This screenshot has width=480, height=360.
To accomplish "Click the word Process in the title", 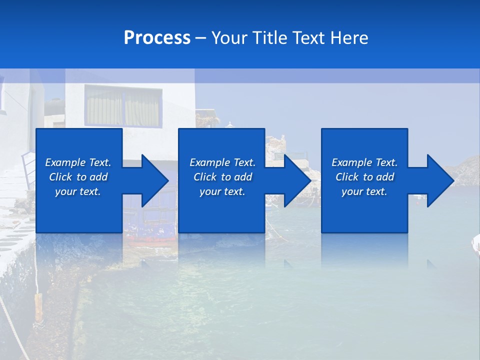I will [157, 38].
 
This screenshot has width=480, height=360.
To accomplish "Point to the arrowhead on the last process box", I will [439, 180].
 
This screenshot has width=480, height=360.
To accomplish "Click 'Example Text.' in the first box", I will [78, 162].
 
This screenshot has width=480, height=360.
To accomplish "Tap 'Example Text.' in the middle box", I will [222, 162].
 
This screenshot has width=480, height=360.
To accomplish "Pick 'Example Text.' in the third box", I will [364, 162].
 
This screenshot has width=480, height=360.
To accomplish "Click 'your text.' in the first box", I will [78, 191].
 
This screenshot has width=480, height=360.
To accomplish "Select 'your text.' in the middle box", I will [222, 191].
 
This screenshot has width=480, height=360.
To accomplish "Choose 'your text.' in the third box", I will [364, 191].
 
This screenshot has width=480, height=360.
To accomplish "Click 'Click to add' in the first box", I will [78, 177].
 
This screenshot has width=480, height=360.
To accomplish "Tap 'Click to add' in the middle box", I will [222, 177].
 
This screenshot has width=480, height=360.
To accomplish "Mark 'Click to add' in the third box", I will [364, 177].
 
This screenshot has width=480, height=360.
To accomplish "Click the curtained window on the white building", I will [123, 106].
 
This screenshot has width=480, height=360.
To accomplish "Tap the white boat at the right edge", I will [475, 244].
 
